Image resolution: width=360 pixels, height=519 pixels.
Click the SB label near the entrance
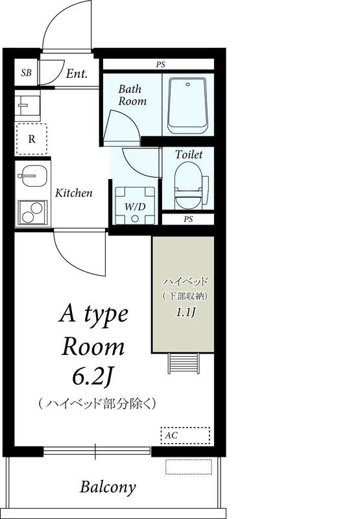(x=26, y=73)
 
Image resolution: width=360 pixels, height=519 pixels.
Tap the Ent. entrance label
(x=77, y=73)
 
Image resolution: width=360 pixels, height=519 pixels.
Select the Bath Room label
(x=132, y=95)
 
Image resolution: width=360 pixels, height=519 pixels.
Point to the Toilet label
(x=189, y=154)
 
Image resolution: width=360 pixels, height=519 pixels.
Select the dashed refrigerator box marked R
(x=31, y=138)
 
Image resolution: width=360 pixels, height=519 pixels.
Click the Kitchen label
(x=73, y=193)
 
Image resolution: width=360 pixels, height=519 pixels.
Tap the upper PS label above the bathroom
(x=160, y=64)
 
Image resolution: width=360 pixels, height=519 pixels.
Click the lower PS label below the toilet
(x=188, y=219)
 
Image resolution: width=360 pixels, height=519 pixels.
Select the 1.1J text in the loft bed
(x=185, y=312)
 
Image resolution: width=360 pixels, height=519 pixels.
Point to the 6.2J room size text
(x=94, y=377)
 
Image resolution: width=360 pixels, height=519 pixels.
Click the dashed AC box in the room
(x=185, y=435)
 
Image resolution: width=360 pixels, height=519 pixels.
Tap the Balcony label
(x=108, y=487)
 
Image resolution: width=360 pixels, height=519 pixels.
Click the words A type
(x=94, y=315)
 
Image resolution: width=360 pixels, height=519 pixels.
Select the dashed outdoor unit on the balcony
(x=188, y=466)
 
